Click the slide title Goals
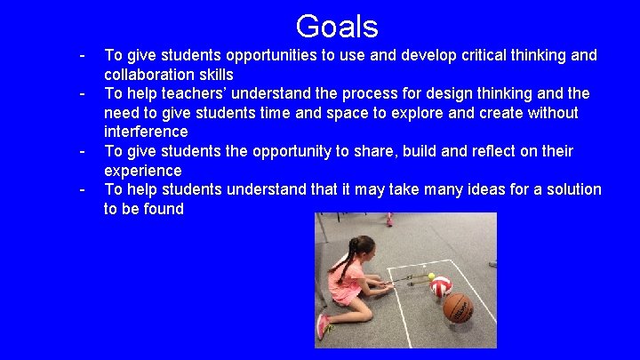tap(337, 26)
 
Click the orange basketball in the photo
tap(458, 308)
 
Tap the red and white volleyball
tap(441, 286)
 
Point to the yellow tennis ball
tap(432, 276)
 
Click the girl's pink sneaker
tap(323, 326)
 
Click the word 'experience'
tap(142, 171)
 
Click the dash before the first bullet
tap(82, 55)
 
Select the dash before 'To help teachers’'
tap(82, 93)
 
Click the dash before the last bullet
tap(82, 189)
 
